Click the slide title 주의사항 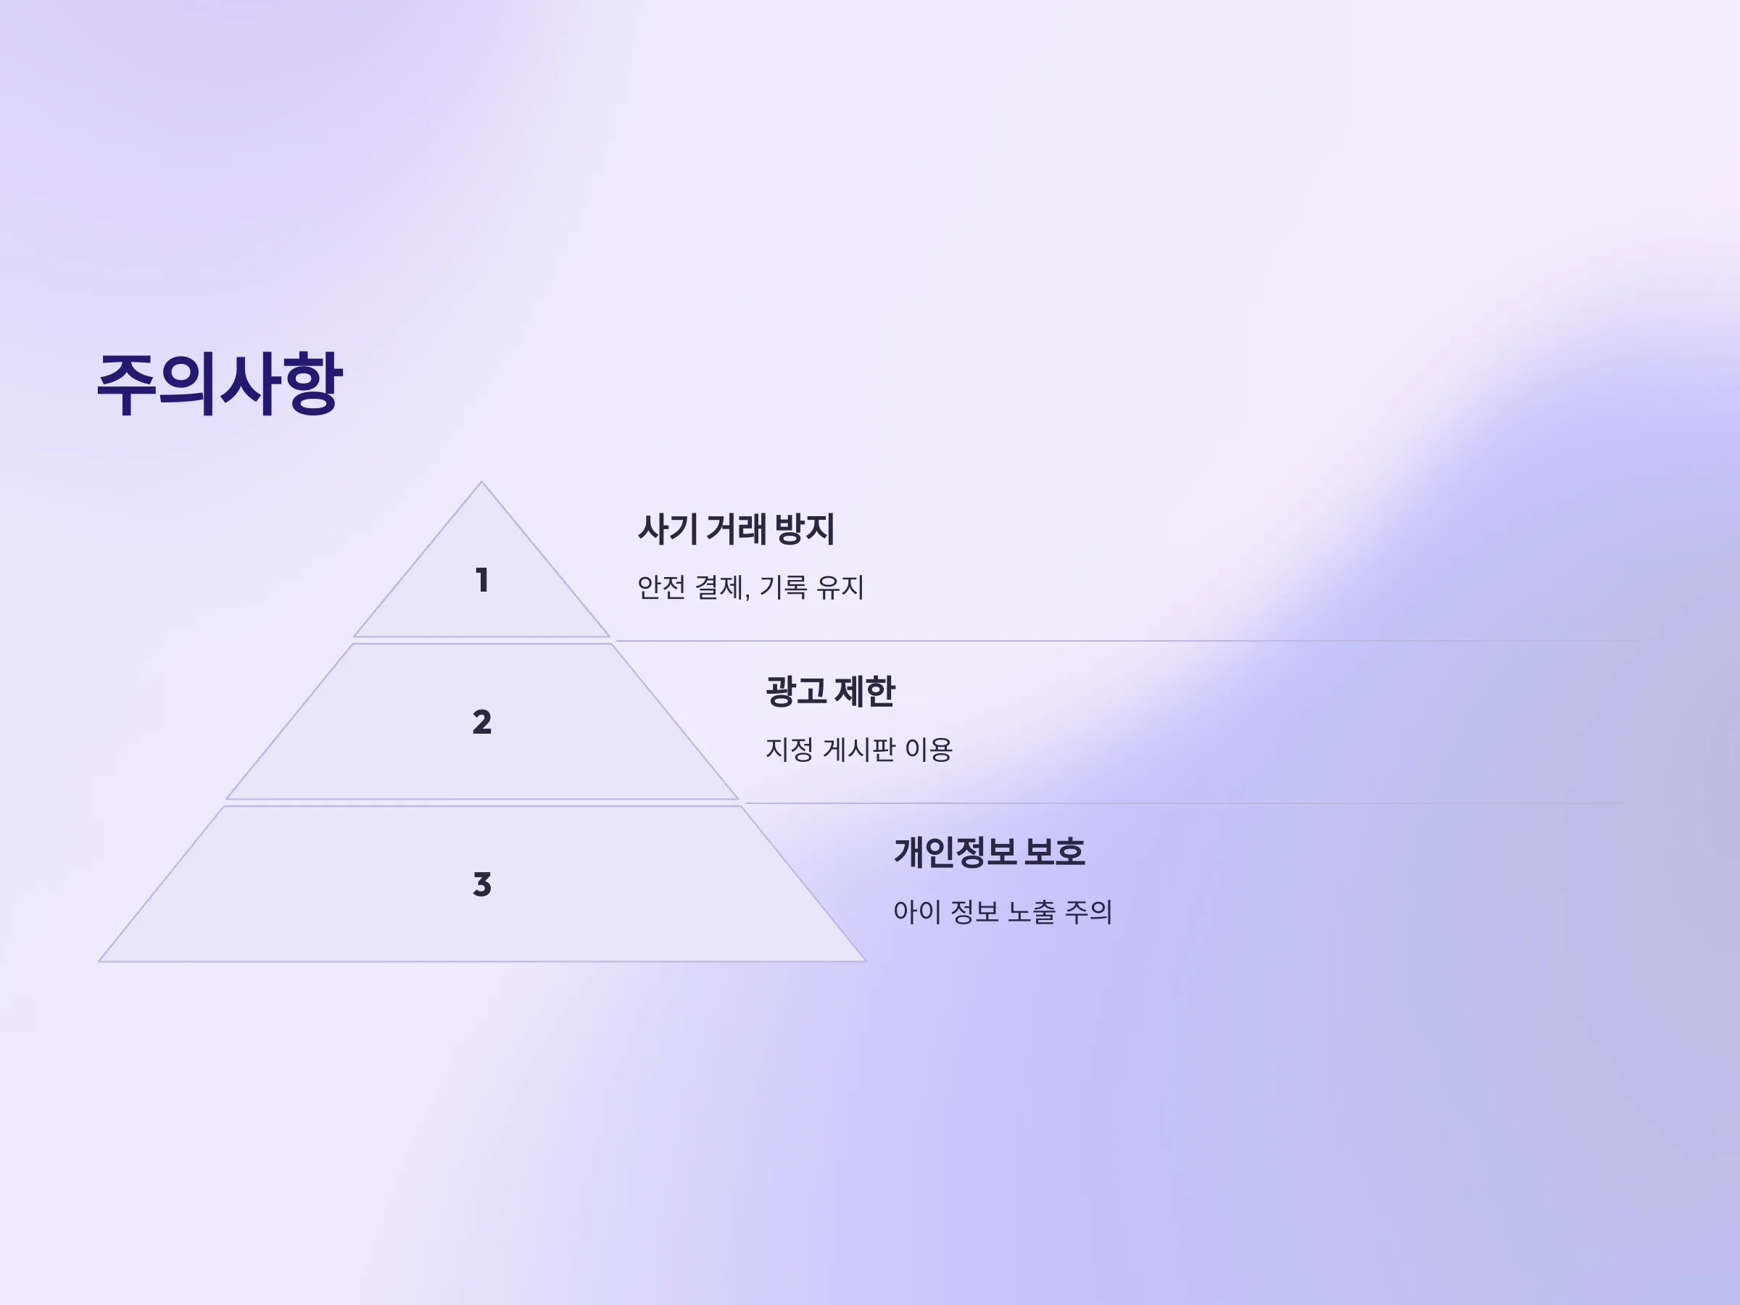pos(220,385)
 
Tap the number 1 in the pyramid pos(482,581)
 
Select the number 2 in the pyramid pos(481,722)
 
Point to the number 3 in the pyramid pos(481,884)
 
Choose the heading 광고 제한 pos(831,692)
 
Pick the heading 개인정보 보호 pos(990,853)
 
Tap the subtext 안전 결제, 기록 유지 pos(750,587)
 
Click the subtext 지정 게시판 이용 pos(859,749)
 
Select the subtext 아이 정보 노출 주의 pos(1003,912)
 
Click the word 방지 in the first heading pos(805,529)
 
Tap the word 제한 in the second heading pos(864,692)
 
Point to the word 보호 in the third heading pos(1055,853)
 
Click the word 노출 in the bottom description pos(1031,912)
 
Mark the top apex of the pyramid pos(481,481)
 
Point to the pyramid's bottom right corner pos(865,961)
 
